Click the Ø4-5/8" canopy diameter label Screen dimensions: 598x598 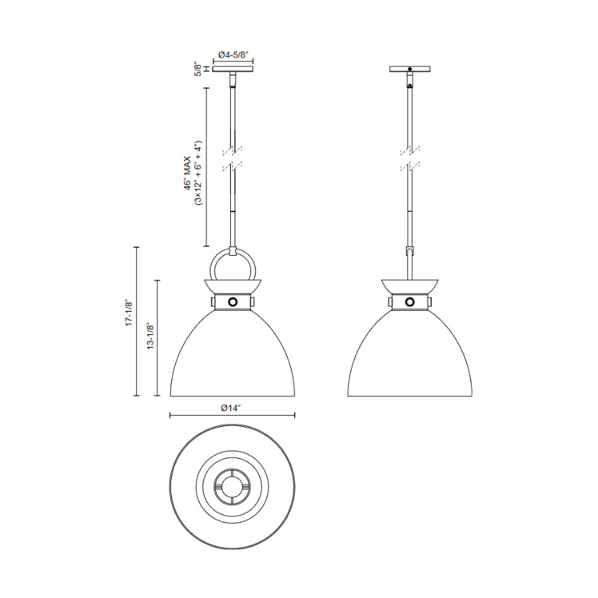coord(232,55)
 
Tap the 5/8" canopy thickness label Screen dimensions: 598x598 coord(197,69)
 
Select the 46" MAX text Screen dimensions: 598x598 coord(188,173)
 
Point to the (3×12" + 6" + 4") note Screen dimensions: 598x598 coord(198,173)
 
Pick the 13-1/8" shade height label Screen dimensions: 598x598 coord(151,336)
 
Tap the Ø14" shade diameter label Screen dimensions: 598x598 coord(231,408)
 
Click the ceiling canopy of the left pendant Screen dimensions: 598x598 coord(232,69)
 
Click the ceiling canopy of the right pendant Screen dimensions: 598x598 coord(410,69)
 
